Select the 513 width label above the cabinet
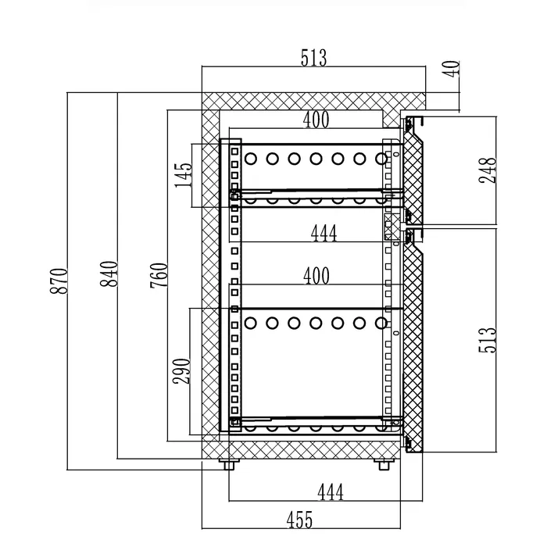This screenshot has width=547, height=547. click(313, 59)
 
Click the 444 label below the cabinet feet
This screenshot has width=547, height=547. click(331, 492)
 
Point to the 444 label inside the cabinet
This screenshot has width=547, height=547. click(324, 234)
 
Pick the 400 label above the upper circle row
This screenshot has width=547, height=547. click(316, 120)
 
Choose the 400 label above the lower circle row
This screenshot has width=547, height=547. click(316, 275)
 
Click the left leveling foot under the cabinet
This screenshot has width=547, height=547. click(229, 464)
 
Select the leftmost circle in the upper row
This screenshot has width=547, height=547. click(251, 159)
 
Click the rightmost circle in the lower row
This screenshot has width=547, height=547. click(381, 322)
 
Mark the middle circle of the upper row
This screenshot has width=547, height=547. click(316, 159)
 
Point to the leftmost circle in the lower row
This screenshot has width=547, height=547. click(251, 322)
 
